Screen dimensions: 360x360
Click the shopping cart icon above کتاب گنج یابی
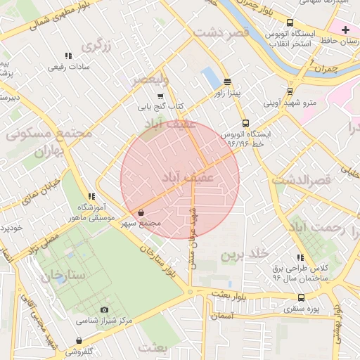(x=160, y=96)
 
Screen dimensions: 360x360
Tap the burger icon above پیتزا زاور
(x=227, y=82)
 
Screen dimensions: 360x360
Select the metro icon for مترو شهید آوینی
(x=290, y=93)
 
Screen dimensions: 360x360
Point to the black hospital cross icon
(x=345, y=30)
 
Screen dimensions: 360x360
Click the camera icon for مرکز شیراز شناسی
(x=105, y=310)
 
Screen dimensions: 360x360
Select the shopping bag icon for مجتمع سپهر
(x=141, y=212)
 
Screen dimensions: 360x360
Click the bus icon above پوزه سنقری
(x=301, y=297)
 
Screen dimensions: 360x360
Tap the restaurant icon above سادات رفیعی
(x=68, y=56)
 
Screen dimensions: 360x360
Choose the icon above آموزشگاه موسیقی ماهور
(x=91, y=196)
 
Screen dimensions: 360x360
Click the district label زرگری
(x=97, y=46)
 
